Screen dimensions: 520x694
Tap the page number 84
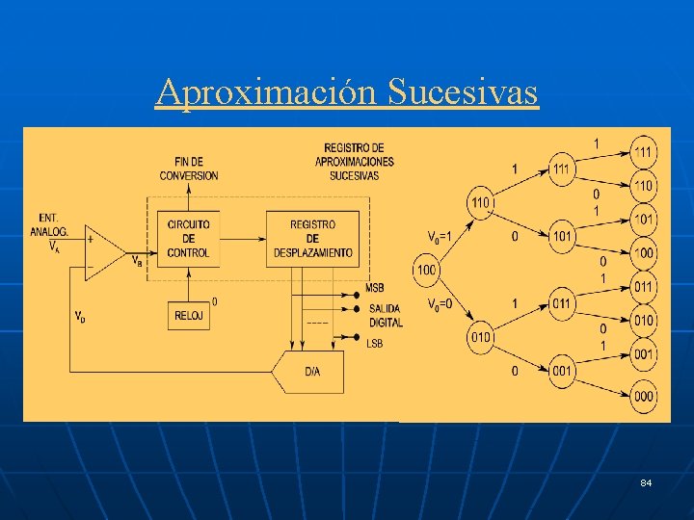click(645, 481)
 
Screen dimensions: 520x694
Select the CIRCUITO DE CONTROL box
click(188, 239)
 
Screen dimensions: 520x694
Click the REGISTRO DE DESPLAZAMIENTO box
click(313, 239)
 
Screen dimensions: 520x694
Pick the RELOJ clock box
click(188, 314)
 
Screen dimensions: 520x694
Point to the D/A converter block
click(312, 370)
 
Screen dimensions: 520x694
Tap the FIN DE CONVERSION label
click(189, 169)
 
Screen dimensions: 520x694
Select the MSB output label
click(375, 289)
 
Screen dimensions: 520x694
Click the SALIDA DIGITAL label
click(386, 315)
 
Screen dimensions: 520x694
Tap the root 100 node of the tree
click(427, 270)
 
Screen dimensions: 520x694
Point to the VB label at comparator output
click(138, 259)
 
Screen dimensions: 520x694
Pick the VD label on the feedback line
click(80, 316)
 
